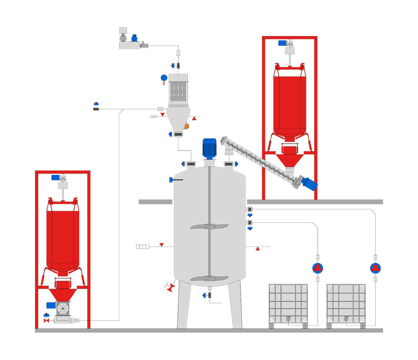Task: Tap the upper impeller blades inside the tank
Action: click(209, 226)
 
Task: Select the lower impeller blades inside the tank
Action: click(209, 278)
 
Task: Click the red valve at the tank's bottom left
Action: click(171, 287)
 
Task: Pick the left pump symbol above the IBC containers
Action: click(317, 268)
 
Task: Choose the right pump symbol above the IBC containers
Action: click(375, 268)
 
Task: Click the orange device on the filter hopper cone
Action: click(187, 126)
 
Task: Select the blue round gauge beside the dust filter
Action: click(164, 77)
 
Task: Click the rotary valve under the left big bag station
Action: click(63, 309)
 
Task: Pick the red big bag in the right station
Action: click(290, 104)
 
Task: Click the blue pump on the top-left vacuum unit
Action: click(134, 38)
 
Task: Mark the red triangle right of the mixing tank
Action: click(258, 248)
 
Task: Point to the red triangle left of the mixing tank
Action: click(161, 245)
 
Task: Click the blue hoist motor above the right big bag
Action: click(283, 43)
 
